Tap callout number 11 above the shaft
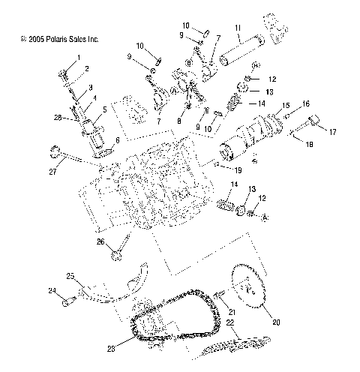tap(237, 29)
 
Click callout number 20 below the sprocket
tap(276, 322)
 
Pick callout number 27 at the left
tap(53, 172)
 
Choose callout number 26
tap(100, 242)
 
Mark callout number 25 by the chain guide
tap(71, 276)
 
